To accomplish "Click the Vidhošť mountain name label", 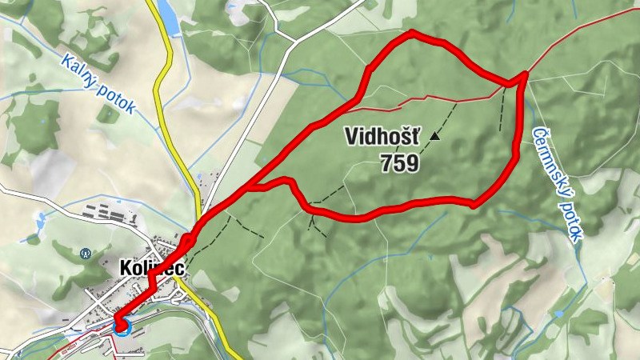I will [382, 136].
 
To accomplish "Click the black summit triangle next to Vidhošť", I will [434, 137].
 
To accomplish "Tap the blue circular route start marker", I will [122, 325].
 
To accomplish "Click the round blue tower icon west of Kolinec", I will [86, 254].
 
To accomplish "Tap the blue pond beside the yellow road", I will [167, 18].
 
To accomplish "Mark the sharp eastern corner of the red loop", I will [524, 76].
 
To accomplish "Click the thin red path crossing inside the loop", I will [432, 99].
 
